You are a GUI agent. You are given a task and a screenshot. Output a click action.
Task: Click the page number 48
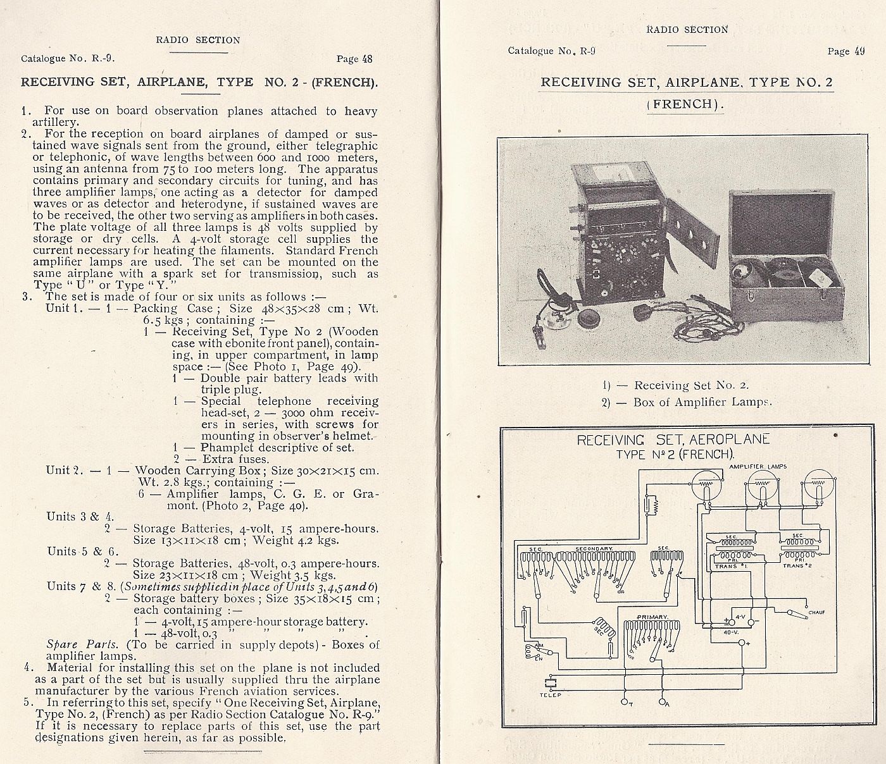click(x=366, y=59)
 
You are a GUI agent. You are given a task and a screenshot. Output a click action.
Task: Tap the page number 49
click(x=858, y=51)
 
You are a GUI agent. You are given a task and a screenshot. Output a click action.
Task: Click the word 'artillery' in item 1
click(x=51, y=122)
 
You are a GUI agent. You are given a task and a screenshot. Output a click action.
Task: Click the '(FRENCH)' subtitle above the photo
click(x=685, y=104)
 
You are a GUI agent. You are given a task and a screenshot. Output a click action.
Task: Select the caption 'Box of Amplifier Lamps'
click(x=701, y=402)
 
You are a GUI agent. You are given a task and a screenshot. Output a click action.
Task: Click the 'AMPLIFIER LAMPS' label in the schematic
click(x=756, y=465)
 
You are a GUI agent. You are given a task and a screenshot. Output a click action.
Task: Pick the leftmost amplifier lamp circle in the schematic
click(x=707, y=486)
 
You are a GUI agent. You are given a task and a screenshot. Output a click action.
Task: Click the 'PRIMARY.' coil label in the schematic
click(x=651, y=616)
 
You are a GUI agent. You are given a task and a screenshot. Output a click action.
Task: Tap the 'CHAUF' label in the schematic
click(x=816, y=612)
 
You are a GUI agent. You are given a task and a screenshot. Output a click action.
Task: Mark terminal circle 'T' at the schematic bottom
click(x=624, y=702)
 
